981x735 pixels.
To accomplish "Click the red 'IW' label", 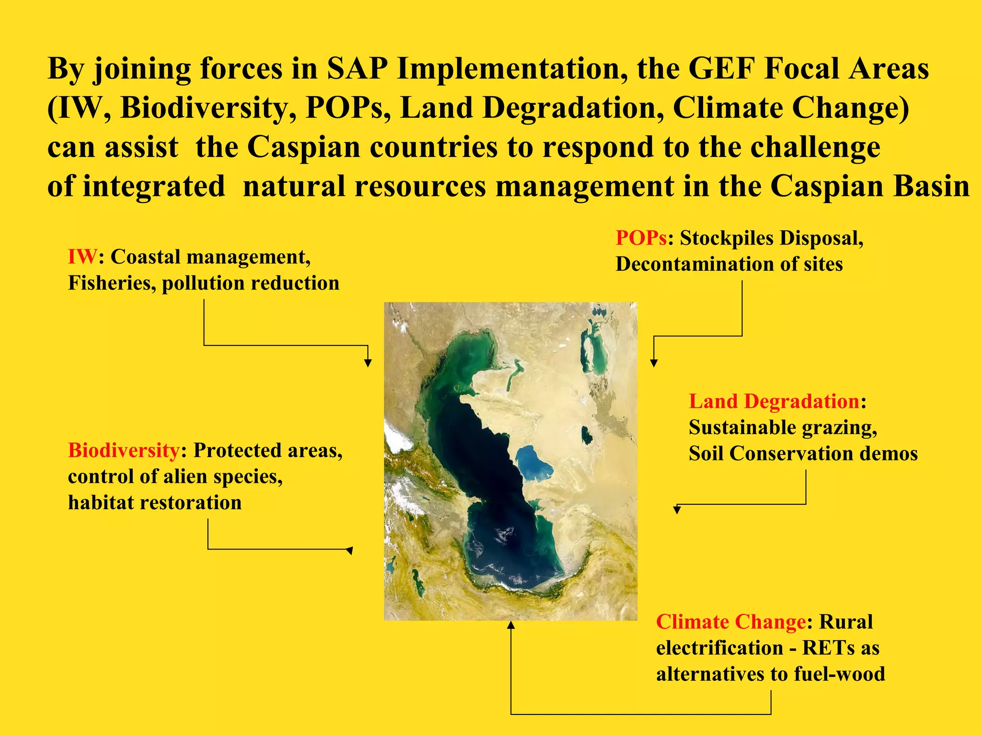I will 82,257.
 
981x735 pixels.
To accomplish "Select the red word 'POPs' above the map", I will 641,238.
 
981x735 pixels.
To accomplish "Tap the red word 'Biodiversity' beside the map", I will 124,450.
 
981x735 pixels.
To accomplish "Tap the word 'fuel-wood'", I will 839,674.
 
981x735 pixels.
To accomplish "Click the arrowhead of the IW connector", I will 368,363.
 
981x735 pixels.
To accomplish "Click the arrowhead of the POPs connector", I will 654,363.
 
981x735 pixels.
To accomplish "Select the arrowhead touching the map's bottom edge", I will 511,625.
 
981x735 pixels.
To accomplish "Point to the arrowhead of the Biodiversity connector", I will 350,550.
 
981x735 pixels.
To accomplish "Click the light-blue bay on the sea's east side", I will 534,461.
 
